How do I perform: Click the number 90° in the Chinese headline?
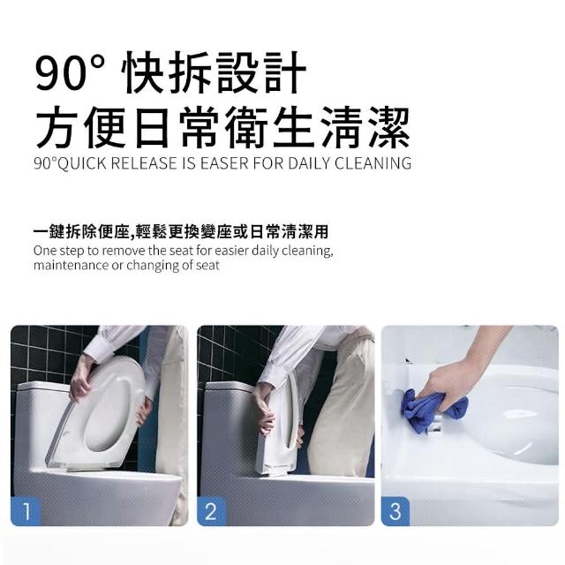click(70, 73)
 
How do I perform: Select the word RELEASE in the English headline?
click(144, 163)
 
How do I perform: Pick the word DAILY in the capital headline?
click(309, 163)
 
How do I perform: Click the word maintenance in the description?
click(71, 265)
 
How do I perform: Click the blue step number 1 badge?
click(26, 510)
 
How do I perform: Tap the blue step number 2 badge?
click(212, 510)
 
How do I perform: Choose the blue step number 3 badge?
click(395, 510)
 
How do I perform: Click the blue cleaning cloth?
click(431, 411)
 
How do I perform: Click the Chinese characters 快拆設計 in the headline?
click(214, 73)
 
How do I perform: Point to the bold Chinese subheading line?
click(181, 232)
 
